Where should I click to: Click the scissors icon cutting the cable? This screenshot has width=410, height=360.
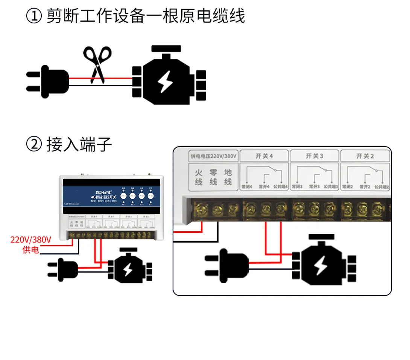pyautogui.click(x=97, y=64)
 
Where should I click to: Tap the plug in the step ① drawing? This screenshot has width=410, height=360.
pyautogui.click(x=49, y=81)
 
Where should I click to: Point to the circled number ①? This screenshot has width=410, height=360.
pyautogui.click(x=34, y=17)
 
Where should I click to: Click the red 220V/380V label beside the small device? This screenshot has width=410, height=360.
pyautogui.click(x=30, y=239)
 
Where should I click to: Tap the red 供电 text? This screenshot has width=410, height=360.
pyautogui.click(x=30, y=249)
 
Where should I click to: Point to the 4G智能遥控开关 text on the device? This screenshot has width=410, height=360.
pyautogui.click(x=103, y=197)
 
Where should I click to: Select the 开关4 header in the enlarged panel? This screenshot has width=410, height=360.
pyautogui.click(x=264, y=156)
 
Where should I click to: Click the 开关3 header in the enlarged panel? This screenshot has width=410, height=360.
pyautogui.click(x=314, y=156)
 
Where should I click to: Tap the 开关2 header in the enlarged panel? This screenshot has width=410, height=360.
pyautogui.click(x=365, y=156)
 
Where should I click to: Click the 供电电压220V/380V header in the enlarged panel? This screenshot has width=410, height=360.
pyautogui.click(x=213, y=156)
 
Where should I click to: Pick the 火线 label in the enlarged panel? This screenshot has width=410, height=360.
pyautogui.click(x=199, y=177)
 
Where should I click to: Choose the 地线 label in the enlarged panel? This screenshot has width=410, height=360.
pyautogui.click(x=228, y=177)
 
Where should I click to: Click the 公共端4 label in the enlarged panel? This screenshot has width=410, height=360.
pyautogui.click(x=281, y=186)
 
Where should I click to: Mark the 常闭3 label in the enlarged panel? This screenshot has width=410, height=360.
pyautogui.click(x=298, y=186)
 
